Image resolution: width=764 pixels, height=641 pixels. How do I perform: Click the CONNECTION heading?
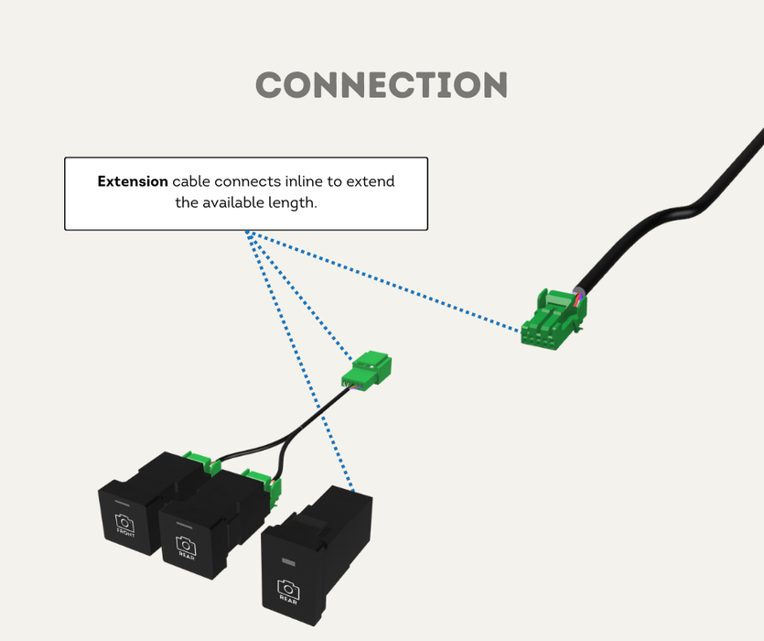click(382, 85)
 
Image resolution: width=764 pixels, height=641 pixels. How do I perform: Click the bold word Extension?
click(133, 181)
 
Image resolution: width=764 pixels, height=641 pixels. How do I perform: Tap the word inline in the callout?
click(304, 181)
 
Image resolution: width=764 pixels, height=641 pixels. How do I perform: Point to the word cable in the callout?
click(191, 181)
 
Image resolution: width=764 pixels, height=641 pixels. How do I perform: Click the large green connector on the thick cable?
click(553, 317)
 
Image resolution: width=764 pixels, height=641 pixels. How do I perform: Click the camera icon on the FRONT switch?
click(124, 524)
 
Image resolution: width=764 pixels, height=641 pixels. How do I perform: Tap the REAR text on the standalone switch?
click(288, 602)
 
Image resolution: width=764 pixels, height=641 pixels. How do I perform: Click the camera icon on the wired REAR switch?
click(186, 544)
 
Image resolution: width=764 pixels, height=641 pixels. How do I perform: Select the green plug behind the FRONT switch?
click(199, 460)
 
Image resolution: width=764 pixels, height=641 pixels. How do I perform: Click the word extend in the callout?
click(373, 181)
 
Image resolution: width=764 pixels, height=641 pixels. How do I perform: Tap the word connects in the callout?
click(246, 181)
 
